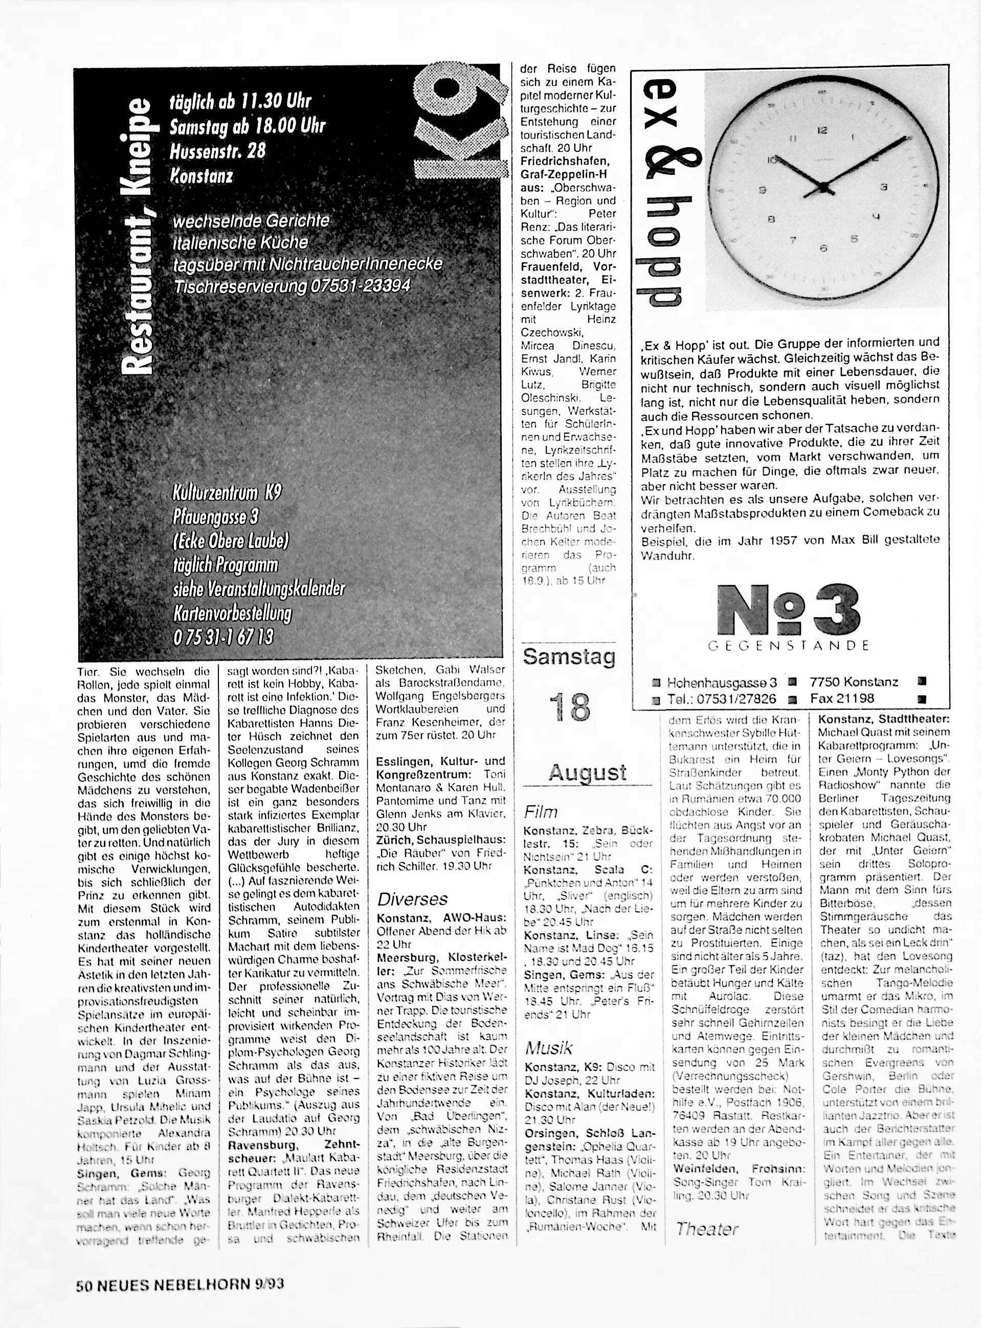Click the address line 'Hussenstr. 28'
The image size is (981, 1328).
click(x=217, y=151)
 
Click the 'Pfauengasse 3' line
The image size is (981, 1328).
click(x=215, y=516)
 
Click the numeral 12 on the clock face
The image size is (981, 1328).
click(x=822, y=130)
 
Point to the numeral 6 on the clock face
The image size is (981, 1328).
click(x=823, y=248)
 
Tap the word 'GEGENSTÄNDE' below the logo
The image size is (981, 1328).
click(x=789, y=645)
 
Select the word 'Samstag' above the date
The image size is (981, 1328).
click(x=569, y=657)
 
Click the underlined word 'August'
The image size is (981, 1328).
click(x=587, y=772)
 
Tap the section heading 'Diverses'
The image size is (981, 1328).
click(x=412, y=899)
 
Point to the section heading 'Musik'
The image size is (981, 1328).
click(x=549, y=1048)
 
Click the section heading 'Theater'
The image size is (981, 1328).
click(x=707, y=1229)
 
